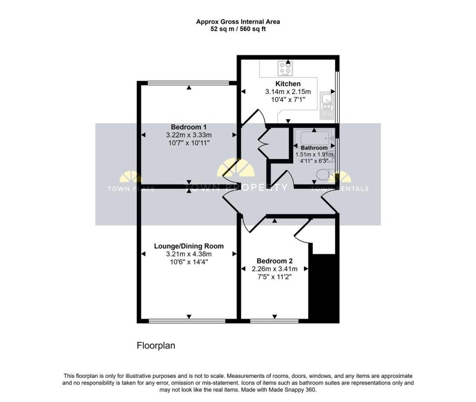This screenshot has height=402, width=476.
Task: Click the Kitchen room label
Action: (x=288, y=84)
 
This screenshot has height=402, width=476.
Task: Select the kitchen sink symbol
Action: (x=326, y=105)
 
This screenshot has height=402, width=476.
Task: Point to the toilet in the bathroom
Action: (x=322, y=175)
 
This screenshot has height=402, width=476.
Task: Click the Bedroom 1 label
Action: (x=188, y=127)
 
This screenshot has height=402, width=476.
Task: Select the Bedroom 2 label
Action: (x=274, y=261)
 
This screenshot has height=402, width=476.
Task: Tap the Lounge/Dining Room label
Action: (x=189, y=246)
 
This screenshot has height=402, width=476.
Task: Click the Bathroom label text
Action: (x=314, y=148)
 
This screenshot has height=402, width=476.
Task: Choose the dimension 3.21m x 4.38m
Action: (x=189, y=254)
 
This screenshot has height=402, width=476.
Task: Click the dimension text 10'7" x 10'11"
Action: (x=188, y=143)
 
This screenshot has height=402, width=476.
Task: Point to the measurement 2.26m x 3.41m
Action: (x=274, y=269)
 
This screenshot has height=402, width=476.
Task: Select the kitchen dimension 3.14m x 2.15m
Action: (x=288, y=92)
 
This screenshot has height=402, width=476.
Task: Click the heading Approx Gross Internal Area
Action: (x=238, y=21)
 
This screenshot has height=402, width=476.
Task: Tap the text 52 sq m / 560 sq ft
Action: (x=238, y=29)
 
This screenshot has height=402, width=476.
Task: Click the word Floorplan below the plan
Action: (x=156, y=346)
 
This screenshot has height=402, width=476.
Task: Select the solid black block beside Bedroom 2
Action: (x=324, y=288)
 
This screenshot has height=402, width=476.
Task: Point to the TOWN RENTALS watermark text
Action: (x=339, y=189)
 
